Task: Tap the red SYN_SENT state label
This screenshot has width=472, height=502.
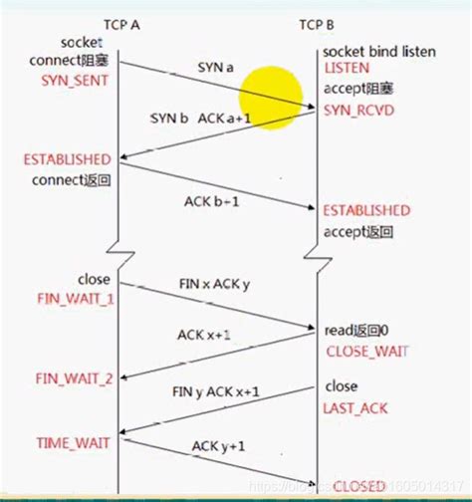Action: click(x=73, y=78)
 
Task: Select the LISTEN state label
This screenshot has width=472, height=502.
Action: click(x=347, y=68)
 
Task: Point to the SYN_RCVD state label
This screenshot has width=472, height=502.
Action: click(x=358, y=110)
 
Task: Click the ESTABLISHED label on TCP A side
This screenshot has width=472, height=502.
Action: click(x=67, y=159)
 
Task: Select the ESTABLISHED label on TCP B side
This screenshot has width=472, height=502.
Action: click(x=365, y=211)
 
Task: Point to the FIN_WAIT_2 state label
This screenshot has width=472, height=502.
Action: click(x=74, y=378)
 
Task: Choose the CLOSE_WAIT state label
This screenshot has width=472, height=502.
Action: click(x=365, y=351)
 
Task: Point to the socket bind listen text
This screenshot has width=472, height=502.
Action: click(x=378, y=51)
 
